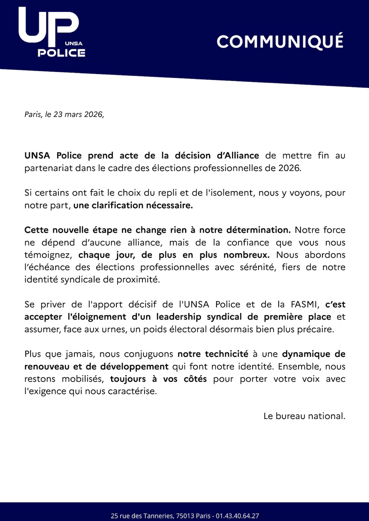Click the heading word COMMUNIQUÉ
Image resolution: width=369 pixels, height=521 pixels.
click(280, 42)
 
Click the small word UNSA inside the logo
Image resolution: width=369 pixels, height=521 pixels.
click(74, 43)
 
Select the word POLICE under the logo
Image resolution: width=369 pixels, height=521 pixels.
click(61, 53)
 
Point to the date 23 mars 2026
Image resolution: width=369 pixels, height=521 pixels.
click(78, 114)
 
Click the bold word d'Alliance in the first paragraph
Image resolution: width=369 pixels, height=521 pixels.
click(238, 155)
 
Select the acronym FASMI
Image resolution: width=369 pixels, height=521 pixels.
click(304, 304)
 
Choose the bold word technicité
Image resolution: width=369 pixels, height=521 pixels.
click(227, 354)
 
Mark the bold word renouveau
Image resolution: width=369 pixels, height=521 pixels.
click(47, 366)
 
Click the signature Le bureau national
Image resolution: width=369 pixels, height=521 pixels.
click(304, 416)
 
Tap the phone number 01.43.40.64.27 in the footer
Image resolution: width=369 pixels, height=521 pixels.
click(237, 516)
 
